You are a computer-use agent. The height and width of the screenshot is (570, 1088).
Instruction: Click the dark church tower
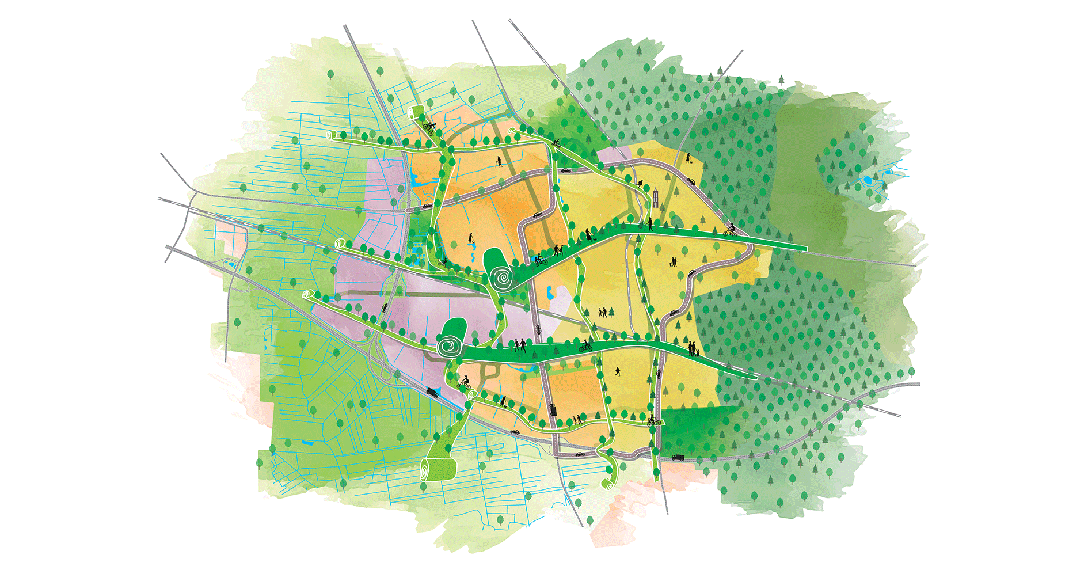coord(655,197)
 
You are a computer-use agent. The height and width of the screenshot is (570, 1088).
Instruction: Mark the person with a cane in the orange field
coord(499,162)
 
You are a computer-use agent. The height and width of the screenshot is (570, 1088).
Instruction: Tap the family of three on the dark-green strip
coord(693,349)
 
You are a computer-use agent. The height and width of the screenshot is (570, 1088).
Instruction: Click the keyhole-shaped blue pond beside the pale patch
coord(549,293)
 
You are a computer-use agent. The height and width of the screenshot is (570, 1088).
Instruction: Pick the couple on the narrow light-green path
coord(578,420)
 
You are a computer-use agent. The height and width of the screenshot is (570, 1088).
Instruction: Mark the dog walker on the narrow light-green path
coord(504,401)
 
